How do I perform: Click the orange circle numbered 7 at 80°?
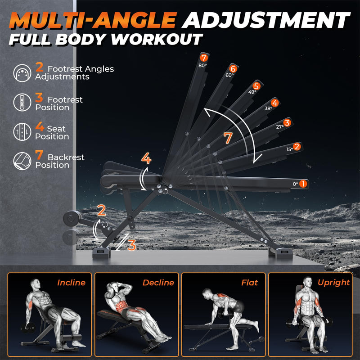[x=203, y=58]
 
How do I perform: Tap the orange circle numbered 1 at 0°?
[x=303, y=184]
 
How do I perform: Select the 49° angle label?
[x=252, y=92]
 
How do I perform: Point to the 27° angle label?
[x=280, y=127]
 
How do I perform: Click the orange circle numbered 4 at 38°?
[x=274, y=103]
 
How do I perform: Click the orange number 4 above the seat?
[x=146, y=158]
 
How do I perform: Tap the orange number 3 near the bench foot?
[x=131, y=245]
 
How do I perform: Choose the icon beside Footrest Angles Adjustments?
[x=22, y=72]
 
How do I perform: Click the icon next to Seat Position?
[x=22, y=132]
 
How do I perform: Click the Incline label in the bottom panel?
[x=71, y=283]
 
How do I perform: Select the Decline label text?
[x=158, y=283]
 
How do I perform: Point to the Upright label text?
[x=333, y=283]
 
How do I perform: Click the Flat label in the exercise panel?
[x=249, y=283]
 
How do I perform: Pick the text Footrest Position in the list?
[x=58, y=103]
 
